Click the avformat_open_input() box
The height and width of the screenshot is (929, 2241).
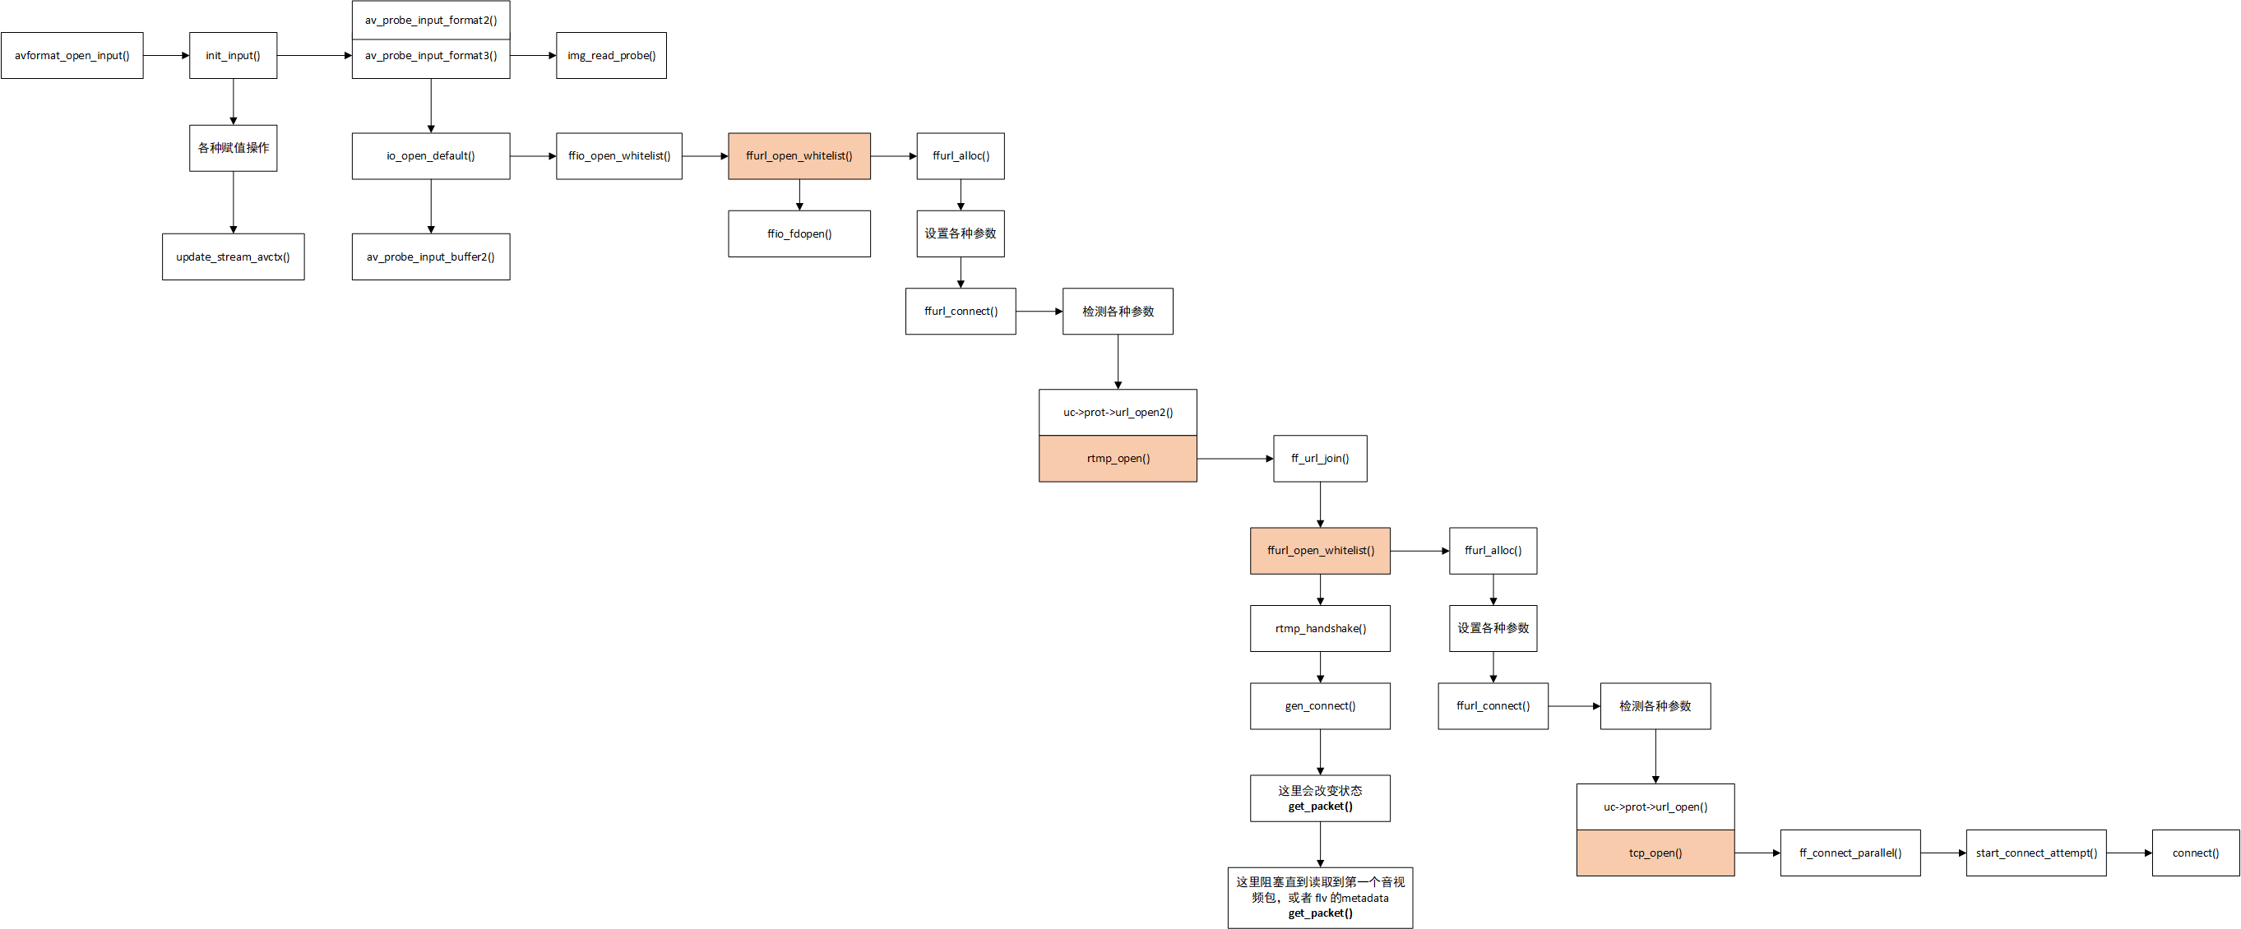click(72, 56)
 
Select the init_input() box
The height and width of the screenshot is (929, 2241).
click(234, 56)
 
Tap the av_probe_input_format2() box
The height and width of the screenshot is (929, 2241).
click(431, 20)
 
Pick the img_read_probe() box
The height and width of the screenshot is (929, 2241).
click(612, 56)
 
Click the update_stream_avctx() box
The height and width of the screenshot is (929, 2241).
click(234, 257)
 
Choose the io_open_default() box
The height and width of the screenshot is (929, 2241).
click(431, 155)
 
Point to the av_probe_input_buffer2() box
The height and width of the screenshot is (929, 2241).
click(431, 257)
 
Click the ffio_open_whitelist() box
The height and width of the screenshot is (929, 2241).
click(619, 155)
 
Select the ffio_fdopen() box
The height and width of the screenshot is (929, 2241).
click(799, 233)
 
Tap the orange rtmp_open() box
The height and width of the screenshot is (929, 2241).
click(1118, 459)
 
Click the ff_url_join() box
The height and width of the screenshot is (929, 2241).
click(1320, 459)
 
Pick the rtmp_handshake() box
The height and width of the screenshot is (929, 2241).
click(1320, 628)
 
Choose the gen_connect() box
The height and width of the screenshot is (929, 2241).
click(1320, 705)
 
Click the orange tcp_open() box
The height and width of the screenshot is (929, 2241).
click(1655, 853)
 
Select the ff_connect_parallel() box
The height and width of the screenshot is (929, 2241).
click(1850, 853)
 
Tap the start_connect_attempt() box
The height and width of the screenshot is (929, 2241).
click(2035, 853)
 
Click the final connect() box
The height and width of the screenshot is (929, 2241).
click(2196, 853)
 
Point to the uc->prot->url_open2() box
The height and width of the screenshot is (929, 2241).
click(1118, 413)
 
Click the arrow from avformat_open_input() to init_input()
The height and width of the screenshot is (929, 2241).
click(166, 56)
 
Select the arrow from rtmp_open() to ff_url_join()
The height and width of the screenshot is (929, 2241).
click(1235, 459)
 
